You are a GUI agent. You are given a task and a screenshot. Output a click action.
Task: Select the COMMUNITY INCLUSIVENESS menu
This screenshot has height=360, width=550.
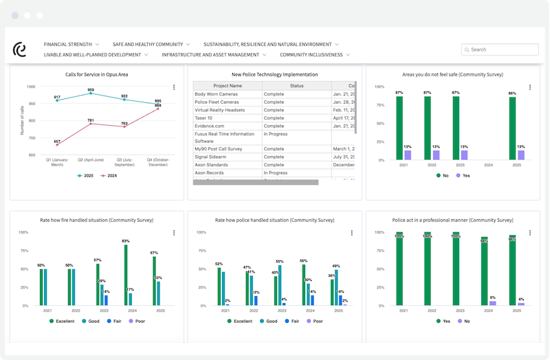(x=314, y=54)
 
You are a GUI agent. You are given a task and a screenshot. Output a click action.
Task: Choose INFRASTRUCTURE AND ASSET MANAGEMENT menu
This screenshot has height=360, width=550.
(x=214, y=54)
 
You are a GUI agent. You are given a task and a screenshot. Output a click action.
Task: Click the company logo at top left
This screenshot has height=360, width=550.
(x=19, y=49)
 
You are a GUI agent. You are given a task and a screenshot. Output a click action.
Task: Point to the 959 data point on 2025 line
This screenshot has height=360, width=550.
(x=91, y=93)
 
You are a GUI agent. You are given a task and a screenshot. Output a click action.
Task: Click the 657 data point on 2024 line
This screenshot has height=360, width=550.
(x=57, y=145)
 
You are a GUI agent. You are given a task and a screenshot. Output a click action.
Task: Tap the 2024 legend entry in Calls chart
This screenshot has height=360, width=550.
(x=106, y=176)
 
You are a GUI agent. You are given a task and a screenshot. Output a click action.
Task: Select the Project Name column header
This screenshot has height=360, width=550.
(x=227, y=86)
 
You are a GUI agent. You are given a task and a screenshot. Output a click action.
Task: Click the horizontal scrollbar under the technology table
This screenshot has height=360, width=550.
(x=255, y=183)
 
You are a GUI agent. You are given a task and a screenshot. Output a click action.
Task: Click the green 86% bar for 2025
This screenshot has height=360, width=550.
(x=511, y=128)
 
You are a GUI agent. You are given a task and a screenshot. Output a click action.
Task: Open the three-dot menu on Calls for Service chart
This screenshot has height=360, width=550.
(x=174, y=87)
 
